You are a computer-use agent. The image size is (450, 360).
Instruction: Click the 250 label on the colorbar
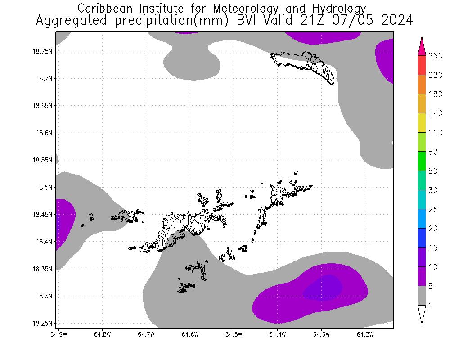click(x=436, y=56)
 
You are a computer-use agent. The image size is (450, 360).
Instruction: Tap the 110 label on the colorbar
click(x=436, y=133)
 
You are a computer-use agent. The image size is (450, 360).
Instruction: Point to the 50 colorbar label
click(x=433, y=171)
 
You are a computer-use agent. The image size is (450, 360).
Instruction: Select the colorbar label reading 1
click(x=431, y=306)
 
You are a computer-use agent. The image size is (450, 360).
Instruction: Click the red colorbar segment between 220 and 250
click(x=422, y=65)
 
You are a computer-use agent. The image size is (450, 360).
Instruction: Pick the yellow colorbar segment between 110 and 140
click(x=422, y=123)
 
